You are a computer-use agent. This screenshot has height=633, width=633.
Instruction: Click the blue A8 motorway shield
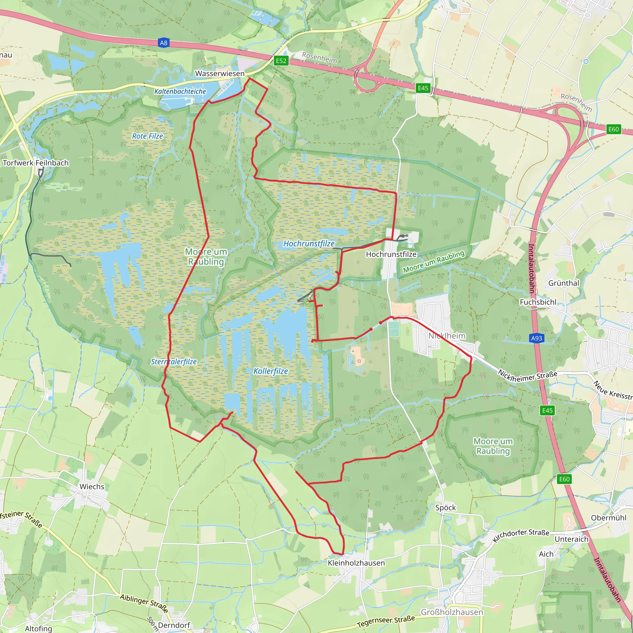point(164,43)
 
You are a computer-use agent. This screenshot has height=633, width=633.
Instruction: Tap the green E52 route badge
point(281,61)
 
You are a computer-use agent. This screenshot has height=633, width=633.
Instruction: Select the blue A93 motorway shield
point(536,338)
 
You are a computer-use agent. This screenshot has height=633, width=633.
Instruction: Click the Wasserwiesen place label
point(220,73)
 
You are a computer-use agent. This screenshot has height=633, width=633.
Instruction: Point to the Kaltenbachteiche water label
point(180,91)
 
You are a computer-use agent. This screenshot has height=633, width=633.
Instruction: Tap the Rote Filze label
point(147,136)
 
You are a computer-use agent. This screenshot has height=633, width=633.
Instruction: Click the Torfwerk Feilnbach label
point(36,163)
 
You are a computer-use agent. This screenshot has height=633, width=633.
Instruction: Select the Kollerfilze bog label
point(271,371)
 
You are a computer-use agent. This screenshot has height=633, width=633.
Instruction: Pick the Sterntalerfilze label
point(174,362)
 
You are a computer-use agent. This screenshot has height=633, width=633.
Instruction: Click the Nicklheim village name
point(447,336)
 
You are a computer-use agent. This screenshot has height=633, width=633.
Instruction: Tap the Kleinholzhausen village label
point(356,563)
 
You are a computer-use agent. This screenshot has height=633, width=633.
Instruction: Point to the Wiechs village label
point(92,486)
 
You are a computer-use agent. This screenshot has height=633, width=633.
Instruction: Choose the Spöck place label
point(446,508)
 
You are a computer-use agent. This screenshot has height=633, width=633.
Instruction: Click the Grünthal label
point(563,283)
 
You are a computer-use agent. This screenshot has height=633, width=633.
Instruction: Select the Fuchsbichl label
point(538,302)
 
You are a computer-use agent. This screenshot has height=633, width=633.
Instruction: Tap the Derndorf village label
point(174,625)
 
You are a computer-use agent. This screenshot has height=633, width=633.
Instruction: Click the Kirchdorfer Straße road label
point(520,535)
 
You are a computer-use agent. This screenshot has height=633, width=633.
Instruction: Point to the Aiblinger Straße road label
point(144,603)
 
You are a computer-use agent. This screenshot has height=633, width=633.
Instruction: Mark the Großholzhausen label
point(452,612)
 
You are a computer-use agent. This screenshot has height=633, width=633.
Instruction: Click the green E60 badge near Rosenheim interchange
point(613,129)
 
